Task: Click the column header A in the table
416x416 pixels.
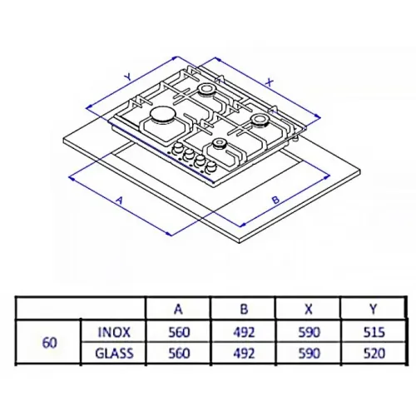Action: pos(179,309)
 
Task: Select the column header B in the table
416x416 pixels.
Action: pos(244,309)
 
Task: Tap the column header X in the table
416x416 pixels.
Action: pos(309,309)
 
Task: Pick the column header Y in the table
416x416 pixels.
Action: pos(374,309)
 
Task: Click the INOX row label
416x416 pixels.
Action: pos(114,332)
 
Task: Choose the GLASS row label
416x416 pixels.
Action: pos(114,354)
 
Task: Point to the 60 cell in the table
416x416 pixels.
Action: pos(50,343)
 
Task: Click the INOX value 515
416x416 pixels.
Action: pos(374,332)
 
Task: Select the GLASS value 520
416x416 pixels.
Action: pos(374,354)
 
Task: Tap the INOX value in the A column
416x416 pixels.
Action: pos(179,332)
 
